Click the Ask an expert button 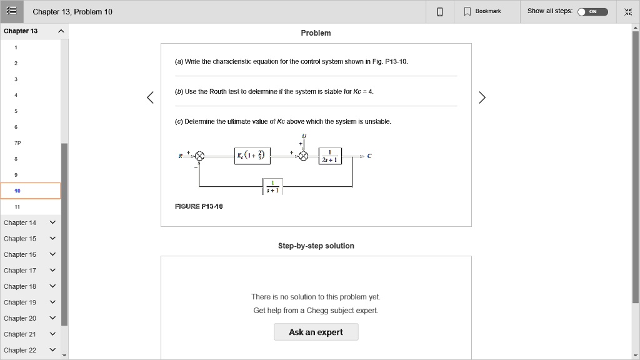pos(316,332)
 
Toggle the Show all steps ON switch pos(592,11)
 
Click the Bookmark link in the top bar pos(482,11)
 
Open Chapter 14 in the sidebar pos(30,222)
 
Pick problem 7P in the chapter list pos(17,143)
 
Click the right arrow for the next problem pos(481,97)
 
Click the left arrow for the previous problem pos(150,97)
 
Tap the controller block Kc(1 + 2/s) pos(252,156)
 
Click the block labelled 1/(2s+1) pos(329,156)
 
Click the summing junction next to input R pos(199,156)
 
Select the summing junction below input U pos(304,156)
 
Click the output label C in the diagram pos(369,156)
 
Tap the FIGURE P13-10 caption pos(199,206)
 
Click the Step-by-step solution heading pos(316,246)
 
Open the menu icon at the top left pos(12,11)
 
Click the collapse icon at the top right pos(628,11)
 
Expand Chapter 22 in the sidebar pos(30,350)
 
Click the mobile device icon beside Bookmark pos(440,11)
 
